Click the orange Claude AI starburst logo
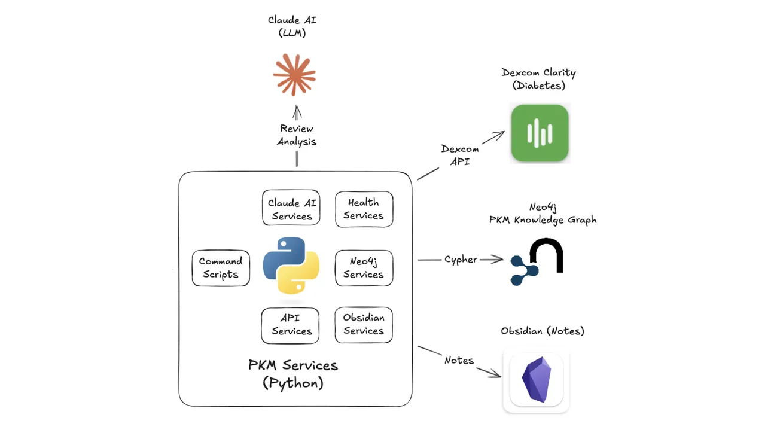(x=294, y=75)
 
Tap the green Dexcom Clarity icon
(x=539, y=133)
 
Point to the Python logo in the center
(x=291, y=265)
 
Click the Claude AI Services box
(x=291, y=209)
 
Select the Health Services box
(x=364, y=209)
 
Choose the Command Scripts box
(x=221, y=268)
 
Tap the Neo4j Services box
(x=364, y=267)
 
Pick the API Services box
(x=291, y=325)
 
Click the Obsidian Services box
(x=364, y=324)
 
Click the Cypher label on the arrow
(x=461, y=260)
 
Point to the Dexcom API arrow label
(x=459, y=155)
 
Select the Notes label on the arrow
(x=459, y=360)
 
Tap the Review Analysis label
(x=296, y=135)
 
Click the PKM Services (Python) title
(x=293, y=374)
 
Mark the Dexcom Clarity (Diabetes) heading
(x=538, y=79)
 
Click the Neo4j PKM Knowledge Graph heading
(x=543, y=214)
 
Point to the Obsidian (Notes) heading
(x=542, y=331)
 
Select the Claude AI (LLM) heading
(x=292, y=26)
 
